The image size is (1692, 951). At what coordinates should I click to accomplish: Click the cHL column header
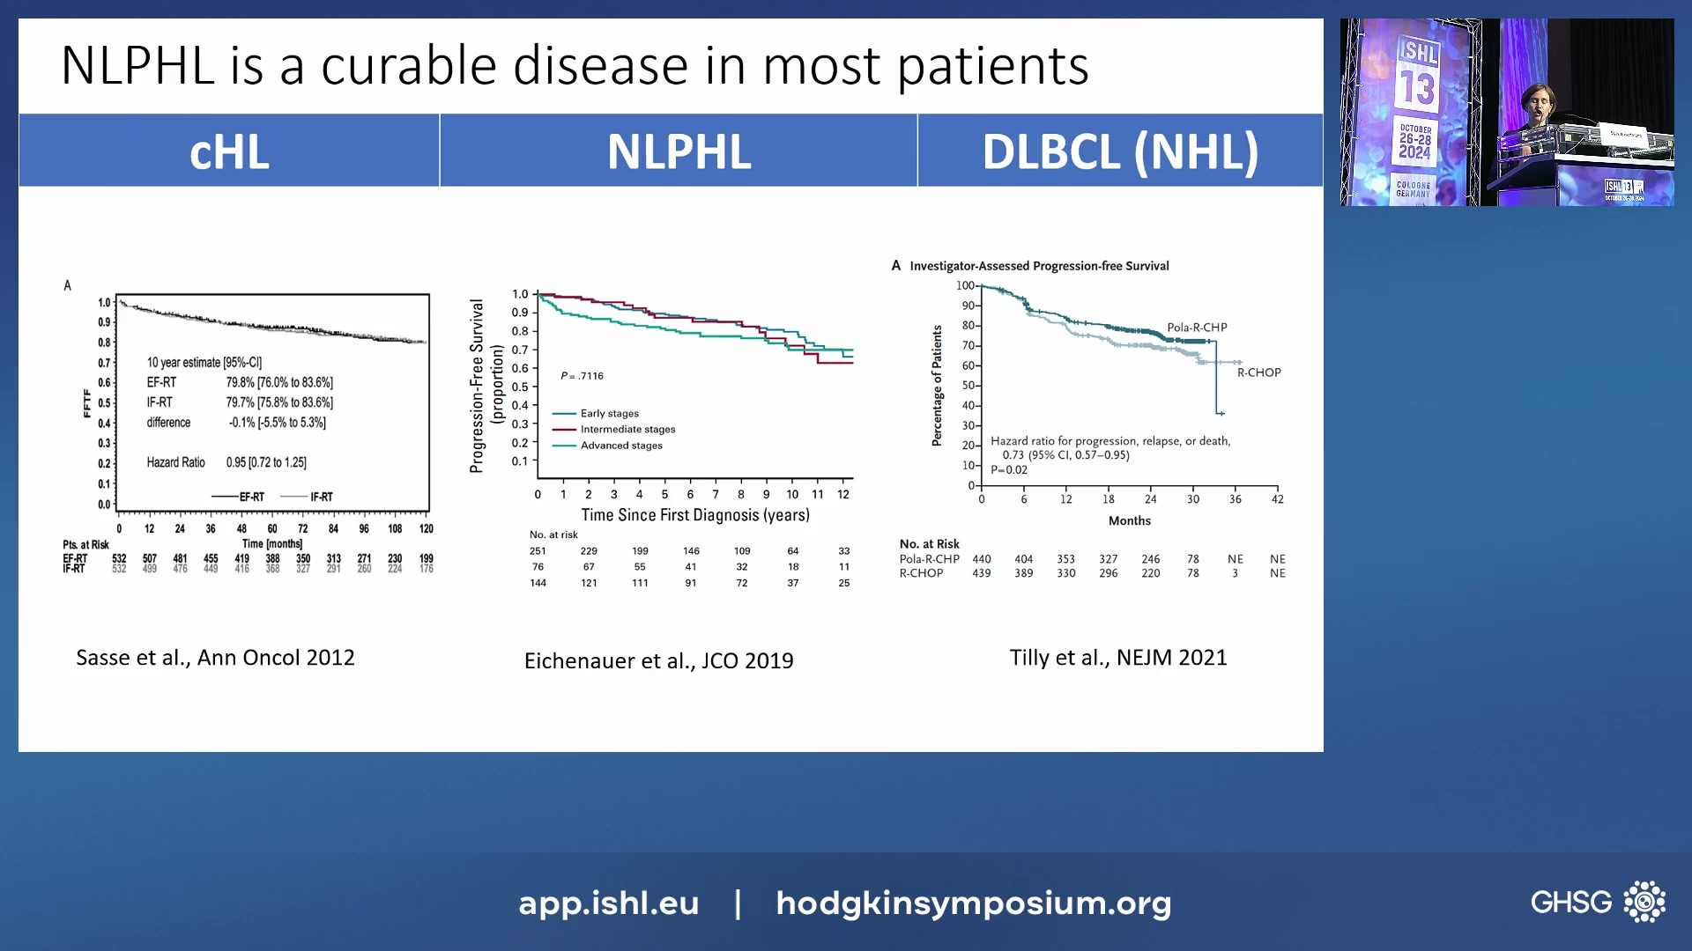229,151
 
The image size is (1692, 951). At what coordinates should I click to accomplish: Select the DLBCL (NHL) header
1120,151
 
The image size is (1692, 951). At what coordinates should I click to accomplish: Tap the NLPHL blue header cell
679,151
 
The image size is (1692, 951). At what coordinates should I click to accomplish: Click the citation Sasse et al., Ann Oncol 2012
215,658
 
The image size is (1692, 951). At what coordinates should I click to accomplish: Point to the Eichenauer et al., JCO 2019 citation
658,660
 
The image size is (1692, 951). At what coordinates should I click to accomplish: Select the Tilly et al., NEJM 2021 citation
1118,658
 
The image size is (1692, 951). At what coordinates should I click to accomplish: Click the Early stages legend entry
609,413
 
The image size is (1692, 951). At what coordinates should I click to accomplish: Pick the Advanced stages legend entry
620,446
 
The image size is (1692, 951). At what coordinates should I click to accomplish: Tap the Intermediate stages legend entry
627,430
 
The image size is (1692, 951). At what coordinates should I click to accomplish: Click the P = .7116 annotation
582,376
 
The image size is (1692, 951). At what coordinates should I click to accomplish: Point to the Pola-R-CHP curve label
1197,328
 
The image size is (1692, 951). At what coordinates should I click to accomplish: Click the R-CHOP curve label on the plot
1258,372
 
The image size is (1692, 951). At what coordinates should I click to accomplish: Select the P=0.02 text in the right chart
1009,470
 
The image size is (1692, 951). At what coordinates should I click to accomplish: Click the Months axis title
1129,520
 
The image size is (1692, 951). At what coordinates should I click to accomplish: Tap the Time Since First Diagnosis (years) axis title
694,515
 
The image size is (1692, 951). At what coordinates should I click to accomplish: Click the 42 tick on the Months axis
1277,499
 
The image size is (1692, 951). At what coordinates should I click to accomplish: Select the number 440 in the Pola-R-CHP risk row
981,559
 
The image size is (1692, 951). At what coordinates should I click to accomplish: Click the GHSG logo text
1570,903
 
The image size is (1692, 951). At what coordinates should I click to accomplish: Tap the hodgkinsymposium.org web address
973,903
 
